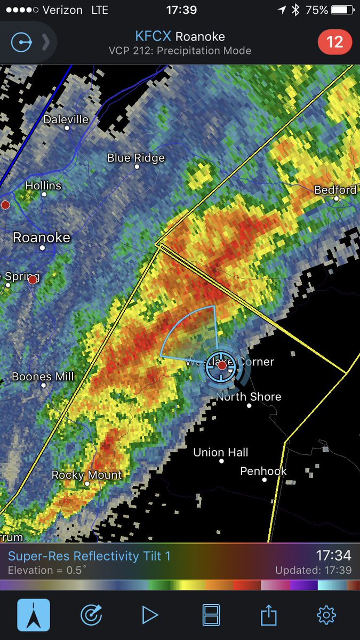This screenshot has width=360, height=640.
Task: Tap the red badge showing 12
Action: point(334,42)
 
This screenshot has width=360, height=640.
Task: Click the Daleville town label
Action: point(66,119)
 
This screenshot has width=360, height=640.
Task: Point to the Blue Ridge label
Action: point(136,158)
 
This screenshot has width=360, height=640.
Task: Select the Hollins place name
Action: point(44,186)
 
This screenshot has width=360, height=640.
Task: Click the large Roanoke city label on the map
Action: point(42,237)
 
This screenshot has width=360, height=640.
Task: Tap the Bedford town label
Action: point(335,190)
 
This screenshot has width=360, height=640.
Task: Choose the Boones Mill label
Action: point(43,377)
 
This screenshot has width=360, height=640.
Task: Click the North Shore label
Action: point(249,397)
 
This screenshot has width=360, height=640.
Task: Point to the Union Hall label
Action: point(221,452)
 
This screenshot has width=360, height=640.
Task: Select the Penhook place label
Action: point(263,471)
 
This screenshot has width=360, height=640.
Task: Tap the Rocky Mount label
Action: point(87,475)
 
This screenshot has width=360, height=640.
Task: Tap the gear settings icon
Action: point(326,615)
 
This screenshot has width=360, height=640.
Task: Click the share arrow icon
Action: point(268,615)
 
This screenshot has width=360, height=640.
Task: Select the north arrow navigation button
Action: point(34,615)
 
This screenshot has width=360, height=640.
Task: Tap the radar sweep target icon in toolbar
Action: point(91,615)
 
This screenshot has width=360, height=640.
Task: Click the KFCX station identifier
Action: point(153,37)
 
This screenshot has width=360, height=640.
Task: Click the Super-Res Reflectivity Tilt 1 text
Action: point(89,556)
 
